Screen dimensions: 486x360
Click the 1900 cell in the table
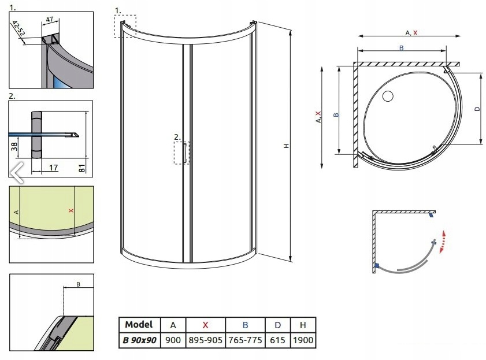pyautogui.click(x=303, y=340)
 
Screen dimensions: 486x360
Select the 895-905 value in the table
pyautogui.click(x=205, y=340)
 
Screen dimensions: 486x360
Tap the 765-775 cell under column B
pyautogui.click(x=245, y=340)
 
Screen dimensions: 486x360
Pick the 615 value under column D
pyautogui.click(x=277, y=340)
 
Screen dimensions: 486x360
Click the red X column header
pyautogui.click(x=205, y=325)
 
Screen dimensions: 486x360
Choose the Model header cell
pyautogui.click(x=139, y=324)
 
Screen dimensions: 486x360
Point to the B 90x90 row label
pyautogui.click(x=139, y=340)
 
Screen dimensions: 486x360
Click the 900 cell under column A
pyautogui.click(x=173, y=340)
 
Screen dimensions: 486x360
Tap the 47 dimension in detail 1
pyautogui.click(x=50, y=19)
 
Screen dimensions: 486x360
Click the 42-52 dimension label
pyautogui.click(x=19, y=28)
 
